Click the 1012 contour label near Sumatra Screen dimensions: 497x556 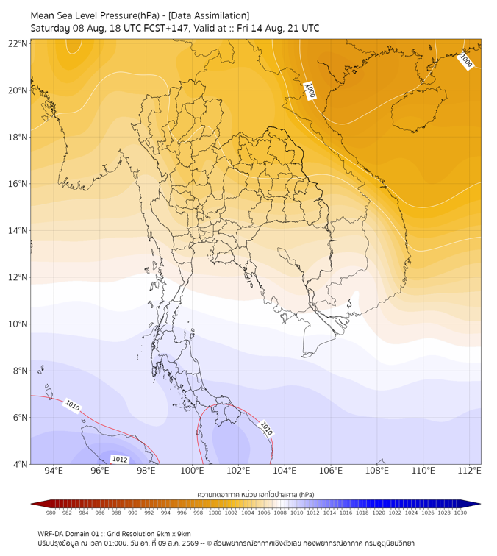(x=120, y=460)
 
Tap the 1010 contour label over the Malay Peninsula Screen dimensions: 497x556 (x=266, y=428)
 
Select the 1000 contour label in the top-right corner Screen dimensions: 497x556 (x=466, y=60)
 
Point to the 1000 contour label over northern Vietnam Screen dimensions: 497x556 (x=310, y=90)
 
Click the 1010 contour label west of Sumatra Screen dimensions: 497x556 (x=73, y=405)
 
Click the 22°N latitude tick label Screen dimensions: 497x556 (x=18, y=43)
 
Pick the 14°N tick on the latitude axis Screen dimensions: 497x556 (x=18, y=230)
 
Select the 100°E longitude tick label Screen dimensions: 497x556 (x=192, y=471)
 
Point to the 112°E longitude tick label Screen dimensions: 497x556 (x=469, y=471)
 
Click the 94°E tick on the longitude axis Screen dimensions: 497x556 (x=54, y=471)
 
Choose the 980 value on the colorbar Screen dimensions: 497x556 (x=51, y=513)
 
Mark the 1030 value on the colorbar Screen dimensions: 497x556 (x=460, y=513)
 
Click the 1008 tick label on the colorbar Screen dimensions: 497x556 (x=280, y=513)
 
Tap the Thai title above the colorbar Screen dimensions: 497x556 (x=256, y=494)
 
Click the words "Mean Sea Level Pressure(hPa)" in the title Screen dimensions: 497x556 (x=95, y=15)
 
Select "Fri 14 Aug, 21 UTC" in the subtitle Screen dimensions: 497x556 (x=278, y=29)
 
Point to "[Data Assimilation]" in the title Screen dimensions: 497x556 (x=209, y=15)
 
